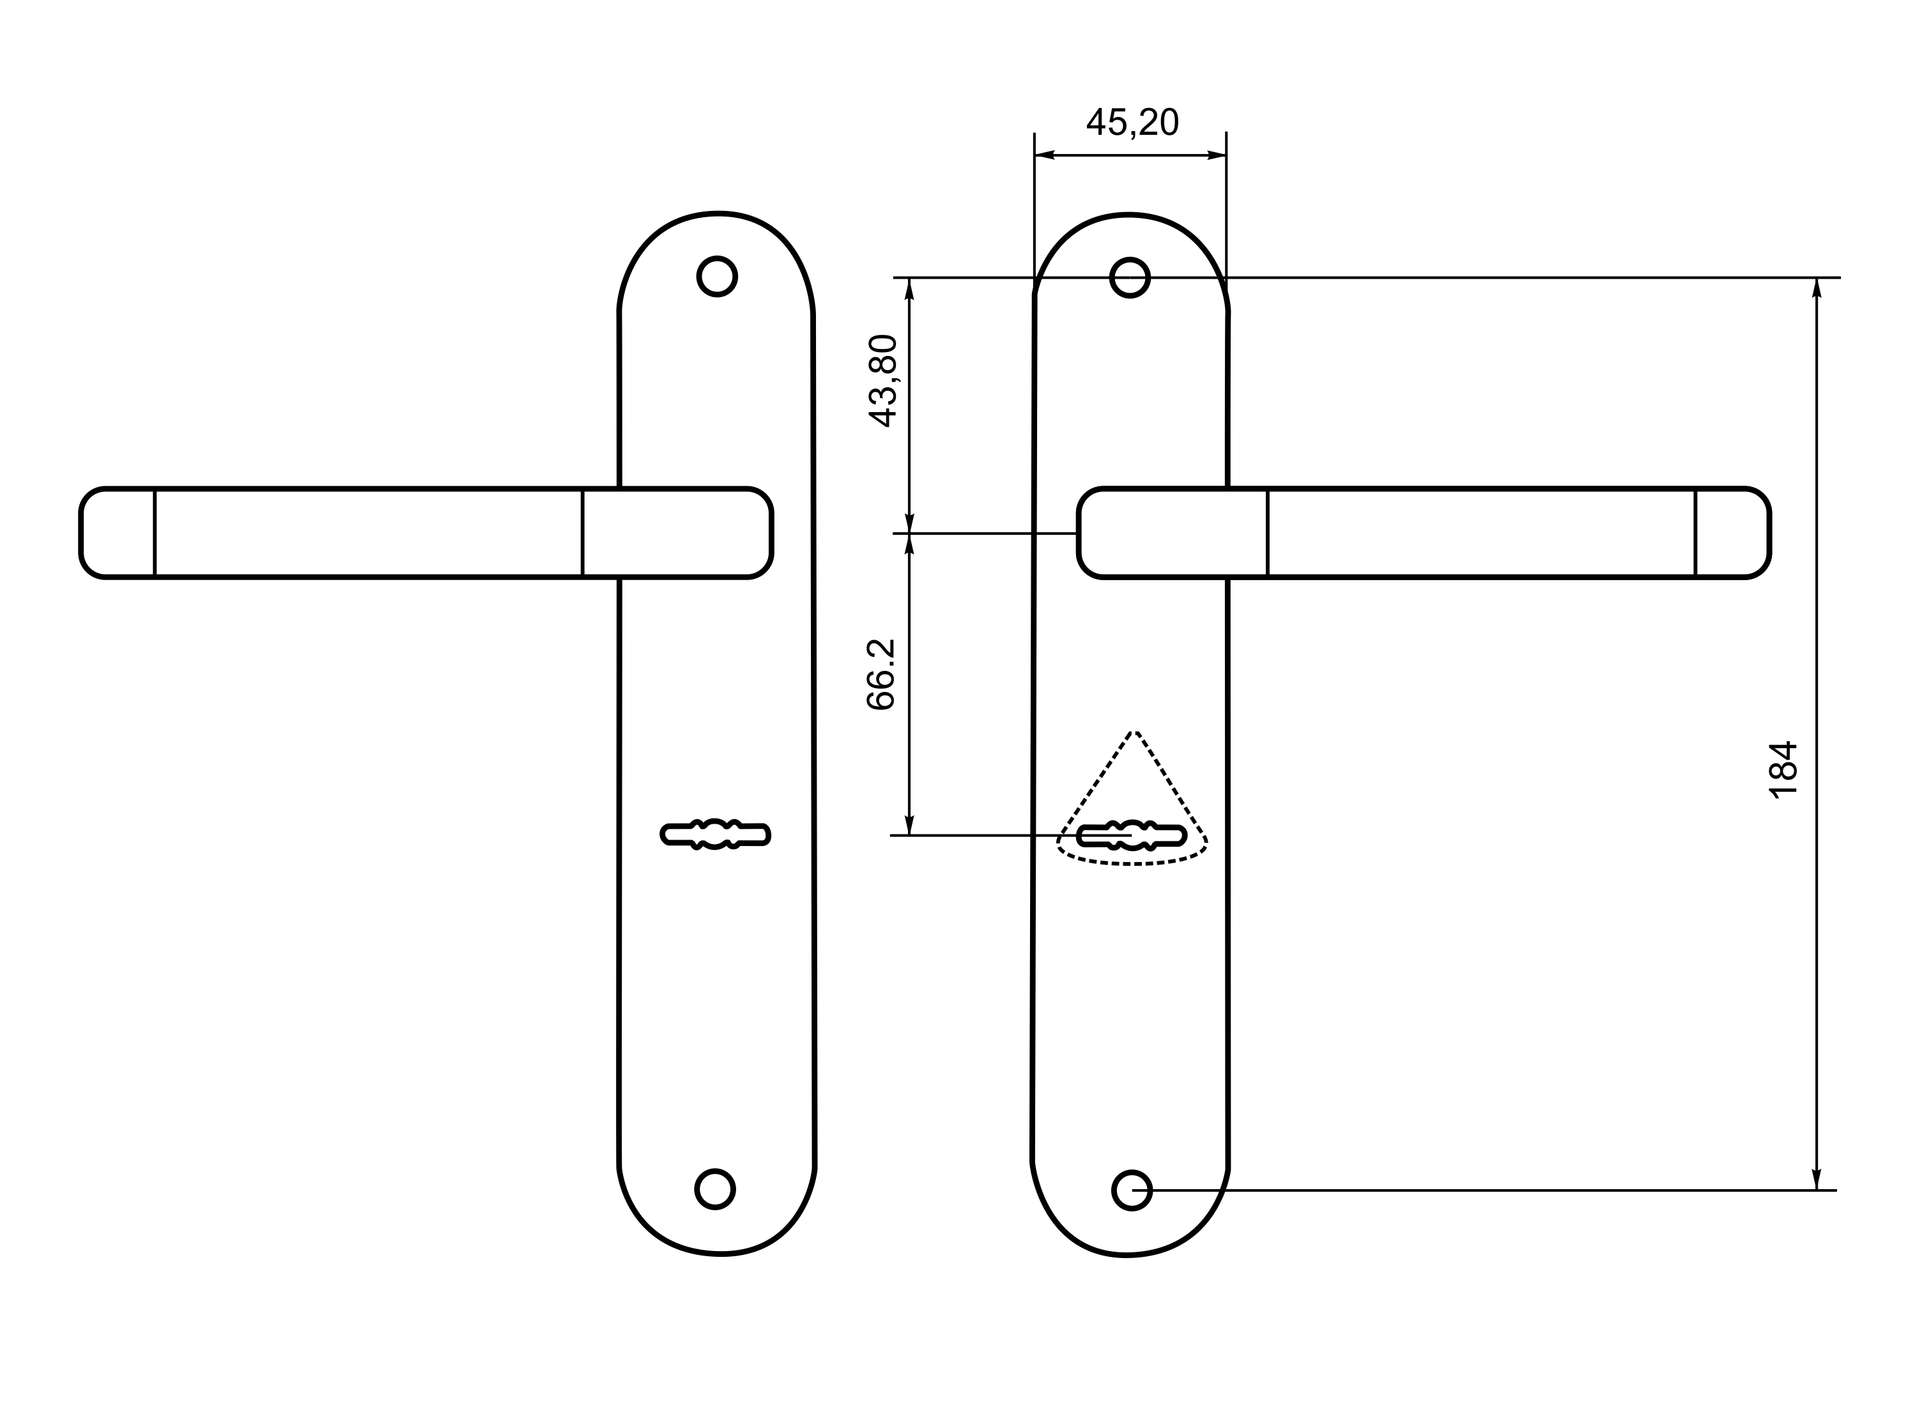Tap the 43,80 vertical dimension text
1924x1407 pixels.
click(x=882, y=381)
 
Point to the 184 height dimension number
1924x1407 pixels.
click(x=1783, y=769)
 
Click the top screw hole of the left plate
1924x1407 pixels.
click(x=717, y=277)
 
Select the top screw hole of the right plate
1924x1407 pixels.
click(x=1130, y=278)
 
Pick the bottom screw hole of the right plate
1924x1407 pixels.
click(x=1132, y=1190)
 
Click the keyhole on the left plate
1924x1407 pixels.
click(x=716, y=834)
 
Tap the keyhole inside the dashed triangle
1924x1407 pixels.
click(x=1132, y=836)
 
